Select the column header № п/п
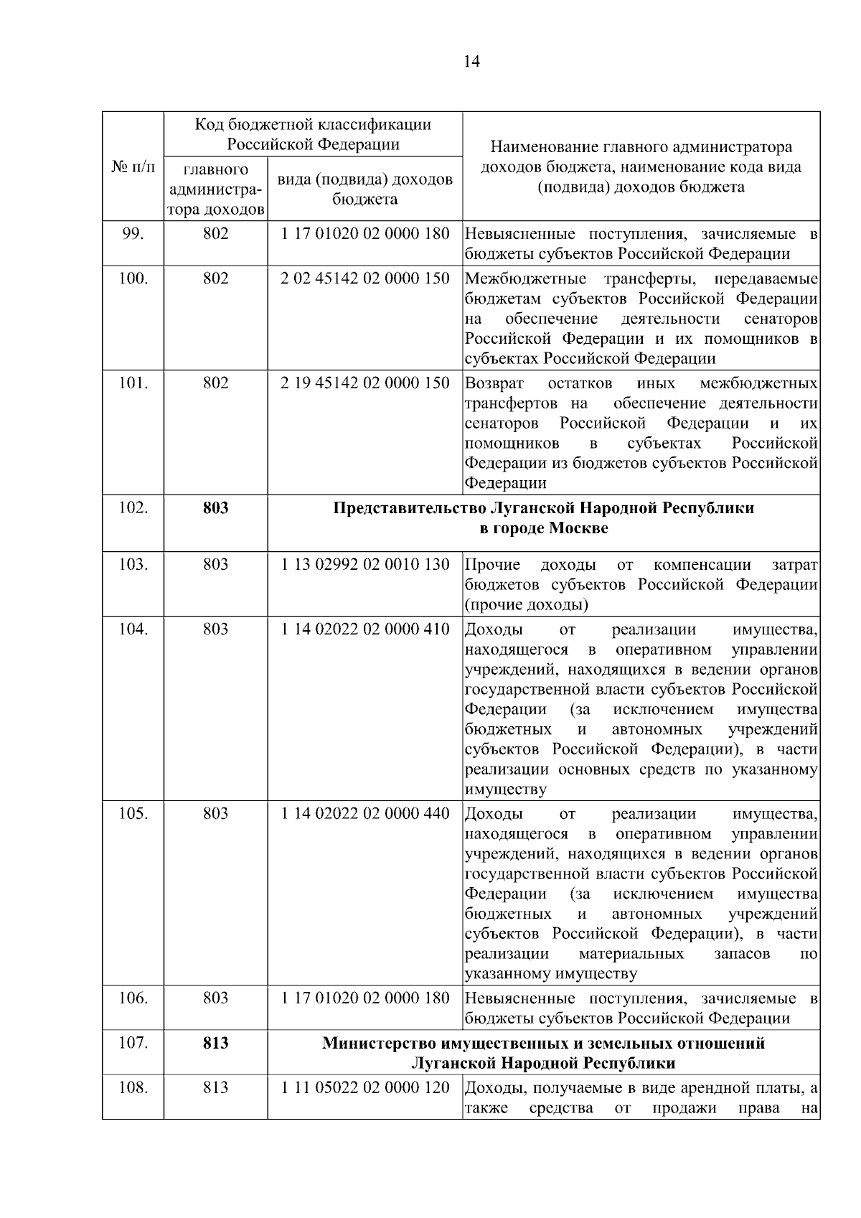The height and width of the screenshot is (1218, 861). point(133,167)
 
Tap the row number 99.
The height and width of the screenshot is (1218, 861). point(133,234)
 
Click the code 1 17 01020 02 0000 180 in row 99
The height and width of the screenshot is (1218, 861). point(365,234)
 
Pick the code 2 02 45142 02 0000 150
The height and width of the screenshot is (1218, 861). point(365,278)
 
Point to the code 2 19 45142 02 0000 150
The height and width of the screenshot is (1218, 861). point(365,383)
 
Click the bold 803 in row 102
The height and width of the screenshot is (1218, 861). point(215,508)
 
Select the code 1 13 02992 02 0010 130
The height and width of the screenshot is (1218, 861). point(365,564)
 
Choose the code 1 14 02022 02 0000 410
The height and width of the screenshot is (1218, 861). point(365,629)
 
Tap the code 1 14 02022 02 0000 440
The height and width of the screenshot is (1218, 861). point(365,814)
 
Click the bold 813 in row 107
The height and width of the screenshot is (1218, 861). point(215,1043)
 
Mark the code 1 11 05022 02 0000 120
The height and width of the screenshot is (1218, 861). point(365,1088)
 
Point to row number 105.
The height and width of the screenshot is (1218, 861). point(133,814)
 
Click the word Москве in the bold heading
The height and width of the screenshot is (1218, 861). point(578,529)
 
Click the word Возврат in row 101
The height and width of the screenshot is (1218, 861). point(494,383)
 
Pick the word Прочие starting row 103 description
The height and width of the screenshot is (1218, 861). point(493,564)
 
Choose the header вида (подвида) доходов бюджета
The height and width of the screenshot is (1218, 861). point(365,189)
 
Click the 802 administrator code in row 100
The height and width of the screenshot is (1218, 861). point(215,278)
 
